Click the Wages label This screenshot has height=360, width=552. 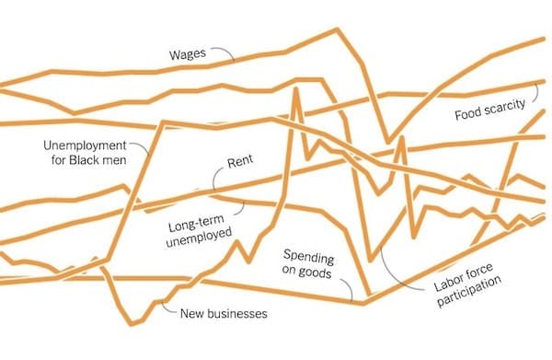tap(188, 54)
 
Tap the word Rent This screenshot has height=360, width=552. tap(240, 162)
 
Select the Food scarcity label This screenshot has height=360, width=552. tap(489, 110)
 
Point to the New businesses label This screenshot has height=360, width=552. tap(224, 313)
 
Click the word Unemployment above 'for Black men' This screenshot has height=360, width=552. tap(85, 145)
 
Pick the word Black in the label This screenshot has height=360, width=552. tap(85, 160)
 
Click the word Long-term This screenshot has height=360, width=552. tap(196, 223)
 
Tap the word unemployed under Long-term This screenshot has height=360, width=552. tap(200, 238)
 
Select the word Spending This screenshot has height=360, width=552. tap(308, 257)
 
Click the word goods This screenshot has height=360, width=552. tap(315, 273)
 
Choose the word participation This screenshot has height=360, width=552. tap(469, 291)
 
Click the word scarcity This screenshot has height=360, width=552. tap(504, 107)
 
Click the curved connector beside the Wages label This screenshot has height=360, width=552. tap(224, 52)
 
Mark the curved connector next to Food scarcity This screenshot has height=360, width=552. tap(535, 91)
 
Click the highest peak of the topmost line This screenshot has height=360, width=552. tap(338, 29)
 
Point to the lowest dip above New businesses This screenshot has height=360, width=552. tap(132, 324)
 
